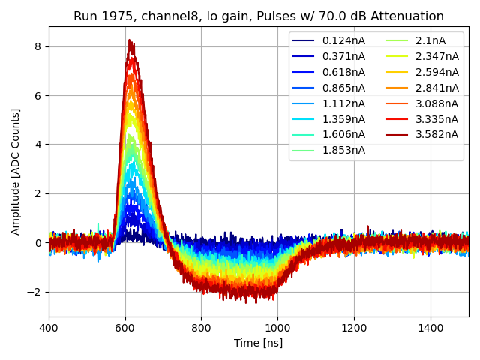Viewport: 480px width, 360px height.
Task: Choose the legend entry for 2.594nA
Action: click(436, 72)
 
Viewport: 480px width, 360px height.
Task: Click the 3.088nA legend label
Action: click(436, 103)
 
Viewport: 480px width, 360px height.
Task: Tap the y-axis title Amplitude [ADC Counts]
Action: click(16, 171)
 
